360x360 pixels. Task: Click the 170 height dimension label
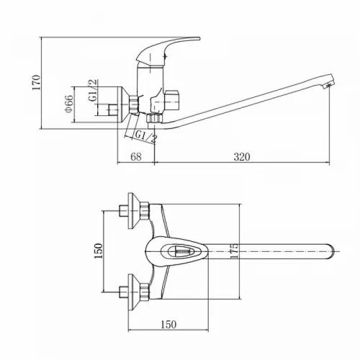click(x=37, y=83)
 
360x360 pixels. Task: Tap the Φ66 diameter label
click(x=69, y=104)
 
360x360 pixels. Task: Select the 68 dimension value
click(x=136, y=157)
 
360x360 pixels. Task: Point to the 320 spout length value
click(x=242, y=157)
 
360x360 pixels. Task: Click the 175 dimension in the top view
click(x=234, y=251)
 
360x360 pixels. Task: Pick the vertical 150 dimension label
click(x=98, y=251)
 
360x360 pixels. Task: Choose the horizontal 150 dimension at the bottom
click(x=168, y=325)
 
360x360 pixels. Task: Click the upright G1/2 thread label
click(x=93, y=90)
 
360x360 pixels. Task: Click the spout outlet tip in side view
click(x=329, y=84)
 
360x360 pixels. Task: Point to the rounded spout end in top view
click(x=331, y=251)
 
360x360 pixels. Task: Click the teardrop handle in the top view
click(x=177, y=251)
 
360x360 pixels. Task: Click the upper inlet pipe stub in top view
click(x=124, y=211)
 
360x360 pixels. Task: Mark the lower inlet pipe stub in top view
click(x=124, y=292)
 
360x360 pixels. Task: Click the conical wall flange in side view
click(x=124, y=105)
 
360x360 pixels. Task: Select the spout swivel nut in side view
click(x=154, y=118)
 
